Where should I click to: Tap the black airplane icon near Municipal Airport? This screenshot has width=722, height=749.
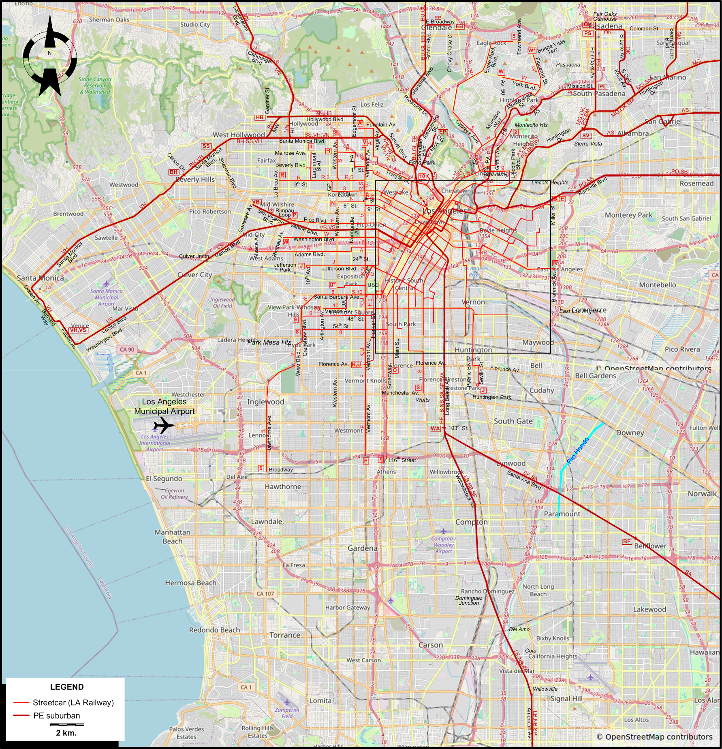[x=163, y=426]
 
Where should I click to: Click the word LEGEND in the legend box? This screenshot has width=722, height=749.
[x=67, y=687]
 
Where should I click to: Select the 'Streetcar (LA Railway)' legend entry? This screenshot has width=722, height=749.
[x=73, y=702]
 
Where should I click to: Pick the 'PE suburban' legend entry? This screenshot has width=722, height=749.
[x=56, y=715]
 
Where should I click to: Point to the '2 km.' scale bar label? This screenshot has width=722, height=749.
[x=66, y=732]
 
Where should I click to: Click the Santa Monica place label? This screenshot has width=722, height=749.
[x=40, y=278]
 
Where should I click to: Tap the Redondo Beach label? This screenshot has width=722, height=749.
[x=214, y=630]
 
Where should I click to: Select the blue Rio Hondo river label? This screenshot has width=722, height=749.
[x=578, y=451]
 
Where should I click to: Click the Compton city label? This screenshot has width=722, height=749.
[x=471, y=522]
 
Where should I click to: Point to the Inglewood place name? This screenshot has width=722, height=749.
[x=265, y=402]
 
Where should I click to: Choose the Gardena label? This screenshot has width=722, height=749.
[x=362, y=548]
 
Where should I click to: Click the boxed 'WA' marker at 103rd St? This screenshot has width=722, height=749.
[x=435, y=428]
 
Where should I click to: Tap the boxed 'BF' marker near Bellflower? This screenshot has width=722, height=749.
[x=627, y=541]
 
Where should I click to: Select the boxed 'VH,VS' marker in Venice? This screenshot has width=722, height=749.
[x=78, y=330]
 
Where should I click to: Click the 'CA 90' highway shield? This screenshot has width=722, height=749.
[x=127, y=349]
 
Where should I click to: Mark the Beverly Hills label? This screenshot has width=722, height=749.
[x=195, y=179]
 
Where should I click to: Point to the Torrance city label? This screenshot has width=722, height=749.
[x=285, y=635]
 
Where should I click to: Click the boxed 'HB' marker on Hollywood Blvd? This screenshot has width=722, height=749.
[x=260, y=118]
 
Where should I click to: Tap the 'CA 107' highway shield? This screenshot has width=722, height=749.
[x=265, y=593]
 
